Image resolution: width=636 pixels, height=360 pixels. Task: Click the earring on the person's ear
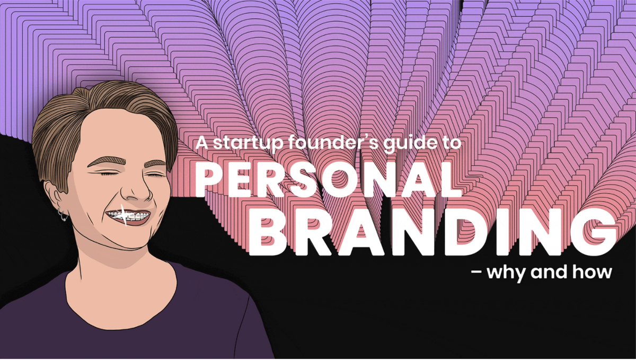pos(63,216)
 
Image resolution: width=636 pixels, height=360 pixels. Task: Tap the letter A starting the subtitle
pos(200,144)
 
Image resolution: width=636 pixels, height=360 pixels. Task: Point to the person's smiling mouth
pos(127,217)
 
